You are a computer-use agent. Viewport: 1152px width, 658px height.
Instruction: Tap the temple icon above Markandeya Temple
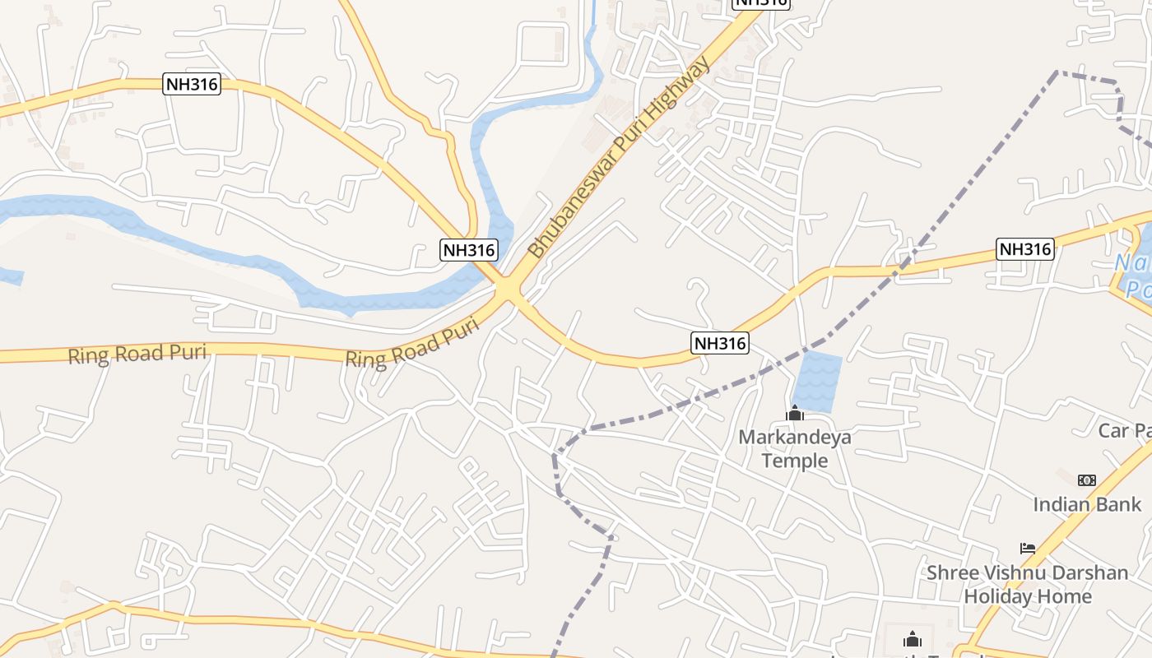[795, 414]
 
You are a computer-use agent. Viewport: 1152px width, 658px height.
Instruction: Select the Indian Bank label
[1087, 504]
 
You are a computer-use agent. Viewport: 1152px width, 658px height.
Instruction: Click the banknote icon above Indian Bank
[1087, 480]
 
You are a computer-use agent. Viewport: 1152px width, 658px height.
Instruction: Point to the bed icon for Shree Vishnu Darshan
[1028, 548]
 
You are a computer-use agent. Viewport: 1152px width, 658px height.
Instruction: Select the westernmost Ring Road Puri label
[137, 354]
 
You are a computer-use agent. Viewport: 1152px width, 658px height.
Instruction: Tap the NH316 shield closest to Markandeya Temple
[720, 343]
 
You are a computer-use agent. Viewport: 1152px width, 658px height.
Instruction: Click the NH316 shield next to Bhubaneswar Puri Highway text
[469, 250]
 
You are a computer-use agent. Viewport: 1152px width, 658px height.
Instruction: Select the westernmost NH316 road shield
[193, 84]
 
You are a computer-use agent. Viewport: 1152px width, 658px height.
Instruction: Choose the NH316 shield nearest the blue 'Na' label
[1024, 248]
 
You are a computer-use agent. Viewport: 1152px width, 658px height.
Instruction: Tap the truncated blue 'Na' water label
[1134, 276]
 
